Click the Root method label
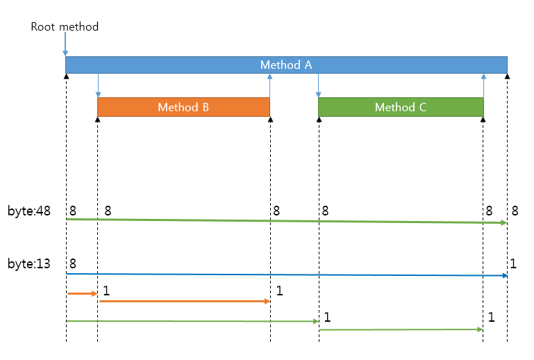[x=65, y=27]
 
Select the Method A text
[x=285, y=65]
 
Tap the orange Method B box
[x=183, y=107]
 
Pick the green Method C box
[x=400, y=107]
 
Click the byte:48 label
[x=29, y=211]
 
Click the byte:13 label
[x=29, y=264]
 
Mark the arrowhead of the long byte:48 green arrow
[x=504, y=223]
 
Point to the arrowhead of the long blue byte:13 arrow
[x=504, y=276]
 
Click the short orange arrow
[x=82, y=294]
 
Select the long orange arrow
[x=184, y=301]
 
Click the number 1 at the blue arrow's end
[x=513, y=264]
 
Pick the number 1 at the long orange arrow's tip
[x=279, y=291]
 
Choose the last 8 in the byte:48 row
[x=515, y=211]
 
